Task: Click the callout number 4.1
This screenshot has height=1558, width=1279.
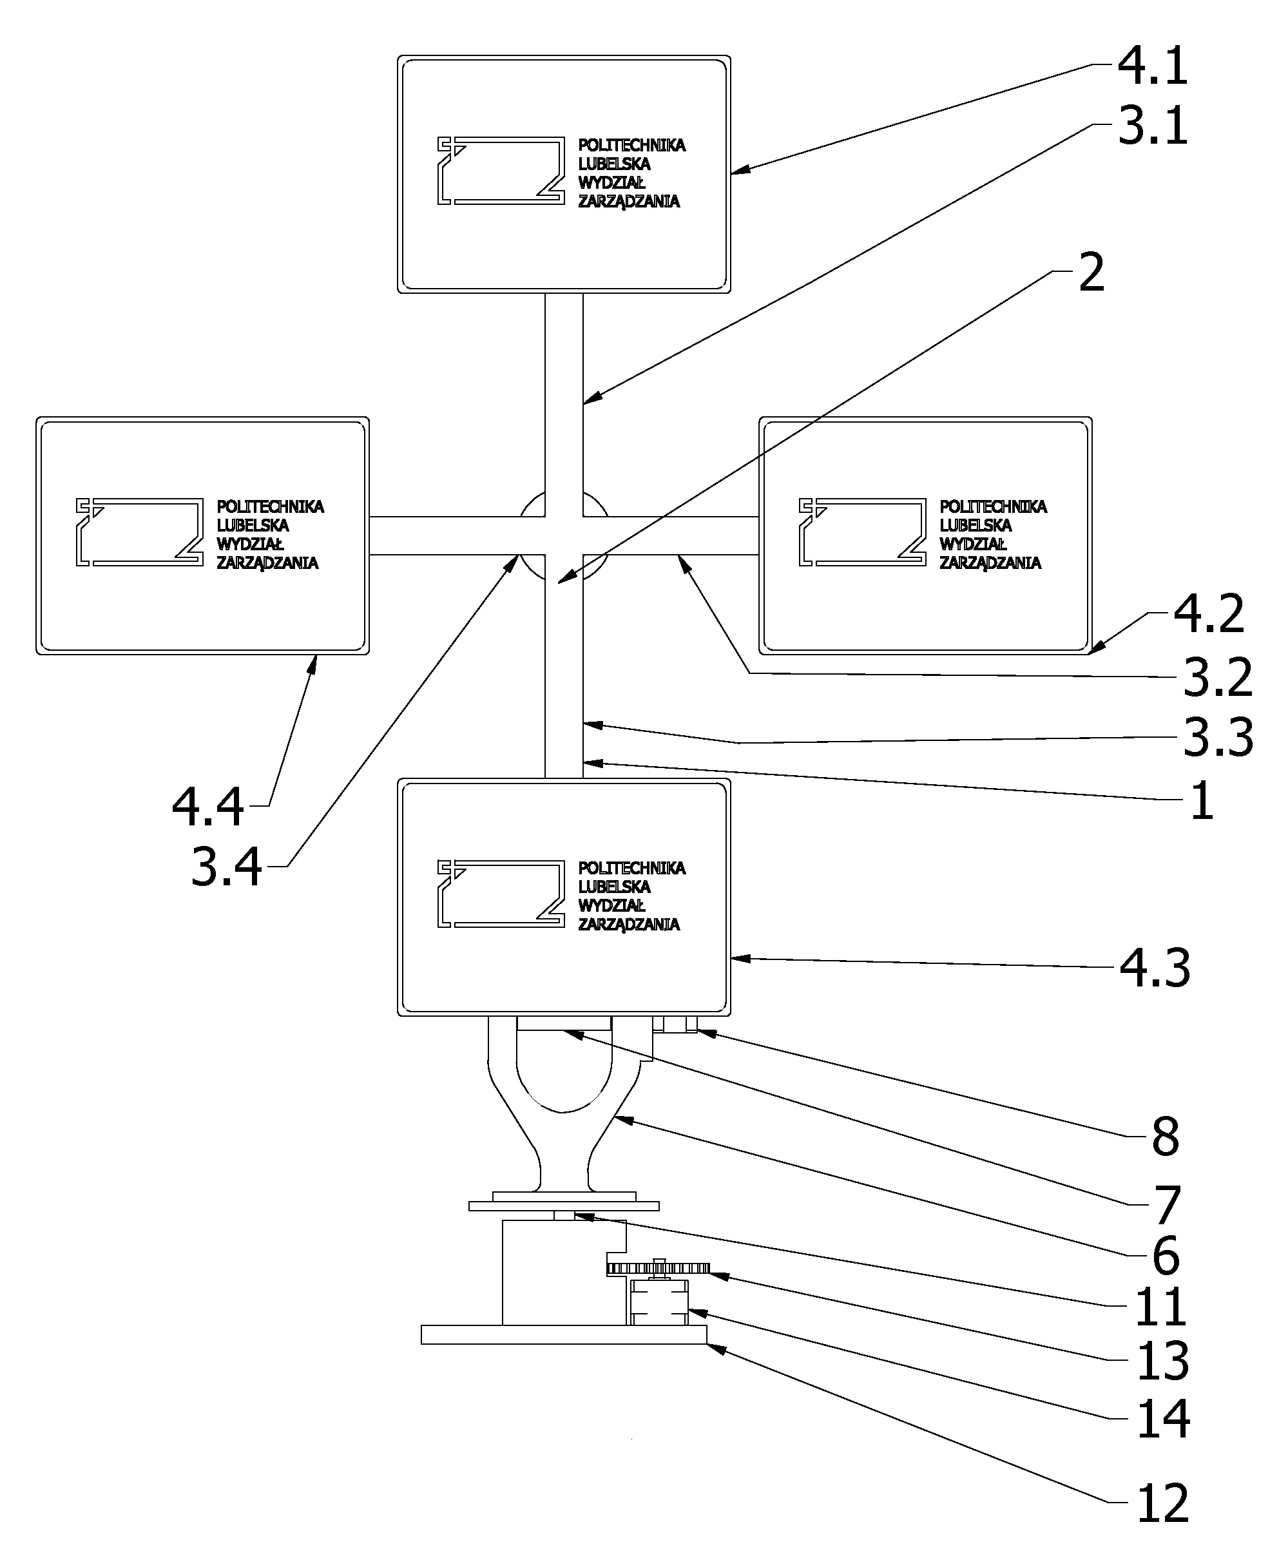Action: click(x=1152, y=66)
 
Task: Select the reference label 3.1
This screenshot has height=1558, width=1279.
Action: click(x=1152, y=126)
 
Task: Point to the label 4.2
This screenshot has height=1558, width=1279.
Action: click(x=1208, y=613)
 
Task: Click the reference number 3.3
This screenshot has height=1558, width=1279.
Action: click(x=1218, y=737)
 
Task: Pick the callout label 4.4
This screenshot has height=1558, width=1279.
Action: click(x=207, y=807)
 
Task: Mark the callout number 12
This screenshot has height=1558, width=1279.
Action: click(x=1163, y=1503)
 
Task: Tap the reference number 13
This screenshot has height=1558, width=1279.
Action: click(x=1163, y=1361)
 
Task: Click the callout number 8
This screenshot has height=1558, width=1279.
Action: click(x=1165, y=1137)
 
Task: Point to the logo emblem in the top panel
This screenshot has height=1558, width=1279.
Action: click(x=501, y=170)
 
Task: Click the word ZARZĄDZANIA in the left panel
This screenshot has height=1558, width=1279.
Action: click(x=267, y=563)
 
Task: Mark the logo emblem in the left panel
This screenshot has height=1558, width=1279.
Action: click(x=139, y=532)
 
